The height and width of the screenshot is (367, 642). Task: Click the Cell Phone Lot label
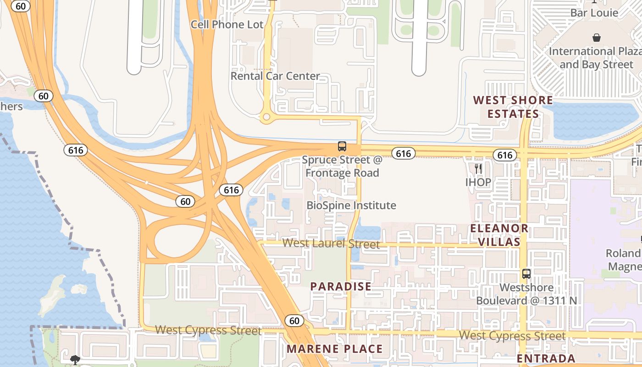(227, 24)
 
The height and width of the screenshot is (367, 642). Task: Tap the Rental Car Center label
(275, 76)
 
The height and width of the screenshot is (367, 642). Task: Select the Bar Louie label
(594, 13)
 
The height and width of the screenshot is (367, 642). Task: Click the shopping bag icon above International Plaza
(597, 38)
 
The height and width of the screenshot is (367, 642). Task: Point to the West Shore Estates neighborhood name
(513, 107)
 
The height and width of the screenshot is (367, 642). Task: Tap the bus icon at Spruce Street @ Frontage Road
(342, 146)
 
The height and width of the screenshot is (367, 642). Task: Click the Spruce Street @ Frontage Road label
(342, 167)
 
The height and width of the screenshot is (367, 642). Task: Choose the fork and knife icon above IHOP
(478, 169)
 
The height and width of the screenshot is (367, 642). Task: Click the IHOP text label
(478, 182)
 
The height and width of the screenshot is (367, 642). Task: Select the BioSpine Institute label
(351, 205)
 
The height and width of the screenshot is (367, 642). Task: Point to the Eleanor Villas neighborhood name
(499, 235)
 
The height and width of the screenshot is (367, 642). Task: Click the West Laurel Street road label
(331, 243)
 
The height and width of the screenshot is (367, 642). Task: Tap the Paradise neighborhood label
(341, 287)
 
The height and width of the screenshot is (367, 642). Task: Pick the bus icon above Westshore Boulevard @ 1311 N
(526, 274)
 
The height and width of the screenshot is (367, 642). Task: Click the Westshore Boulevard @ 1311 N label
(526, 294)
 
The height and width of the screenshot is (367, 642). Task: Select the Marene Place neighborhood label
(335, 349)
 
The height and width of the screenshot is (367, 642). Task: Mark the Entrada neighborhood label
(546, 358)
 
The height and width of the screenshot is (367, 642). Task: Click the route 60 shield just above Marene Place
(294, 321)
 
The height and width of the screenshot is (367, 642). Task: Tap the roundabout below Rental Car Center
(266, 117)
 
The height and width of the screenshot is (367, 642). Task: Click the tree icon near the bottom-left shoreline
(75, 360)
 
